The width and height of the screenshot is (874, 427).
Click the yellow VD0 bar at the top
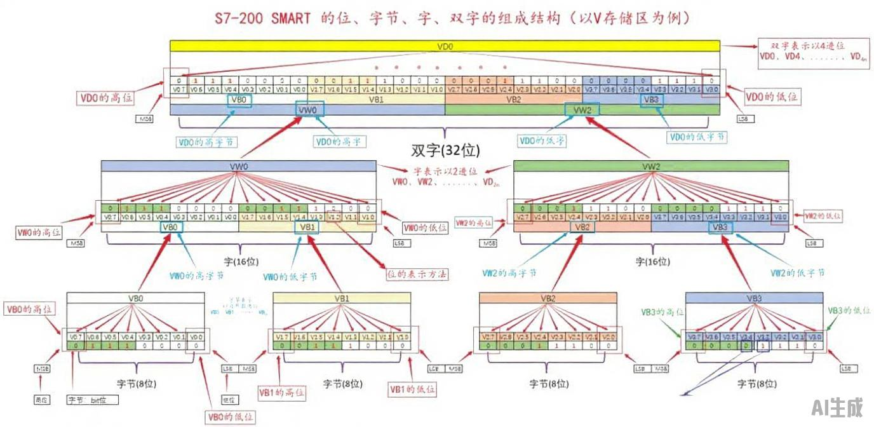pos(445,46)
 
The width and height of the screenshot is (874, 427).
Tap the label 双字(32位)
pos(445,151)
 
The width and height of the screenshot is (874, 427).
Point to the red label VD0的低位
pos(772,97)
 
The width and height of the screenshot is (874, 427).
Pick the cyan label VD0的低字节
pos(697,136)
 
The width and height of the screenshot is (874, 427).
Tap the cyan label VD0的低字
pos(542,140)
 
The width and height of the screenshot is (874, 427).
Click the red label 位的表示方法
pos(417,274)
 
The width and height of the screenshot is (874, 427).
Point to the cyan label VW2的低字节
pos(797,272)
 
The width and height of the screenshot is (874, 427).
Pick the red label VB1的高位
pos(281,393)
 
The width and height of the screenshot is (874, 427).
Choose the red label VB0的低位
pos(230,417)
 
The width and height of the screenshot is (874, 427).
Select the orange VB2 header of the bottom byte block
pos(548,297)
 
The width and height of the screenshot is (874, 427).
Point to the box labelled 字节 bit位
pos(93,400)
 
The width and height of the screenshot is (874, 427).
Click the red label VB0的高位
pos(30,309)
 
